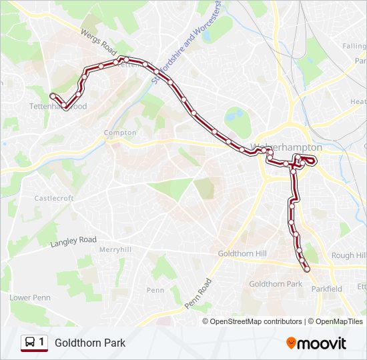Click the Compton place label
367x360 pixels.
point(120,133)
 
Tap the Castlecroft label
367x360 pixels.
point(53,198)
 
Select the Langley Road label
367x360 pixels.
point(73,241)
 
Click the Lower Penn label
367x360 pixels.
point(30,297)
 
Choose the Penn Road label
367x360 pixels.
point(198,293)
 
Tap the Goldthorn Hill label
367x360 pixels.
point(242,254)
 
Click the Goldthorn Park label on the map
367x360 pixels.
point(276,284)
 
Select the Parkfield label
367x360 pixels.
point(326,289)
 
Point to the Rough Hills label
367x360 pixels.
point(348,255)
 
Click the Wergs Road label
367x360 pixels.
point(98,43)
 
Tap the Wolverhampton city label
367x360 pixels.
point(286,147)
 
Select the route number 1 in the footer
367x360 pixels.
point(42,343)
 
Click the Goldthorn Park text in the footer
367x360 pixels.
point(90,343)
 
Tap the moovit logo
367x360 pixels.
point(316,343)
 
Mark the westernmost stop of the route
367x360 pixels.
point(53,95)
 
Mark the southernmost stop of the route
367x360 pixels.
point(307,269)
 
